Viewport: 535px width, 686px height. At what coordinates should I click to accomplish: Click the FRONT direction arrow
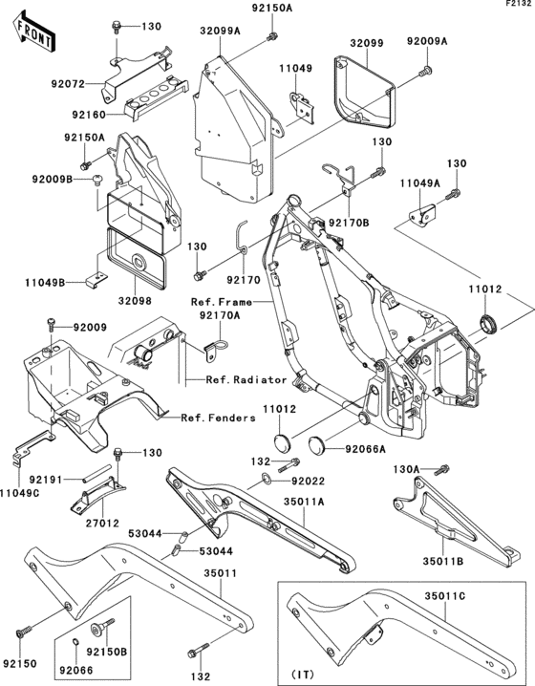coord(33,32)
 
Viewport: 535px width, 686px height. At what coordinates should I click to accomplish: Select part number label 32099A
coord(221,31)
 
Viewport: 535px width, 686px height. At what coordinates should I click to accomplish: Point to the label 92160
coord(89,115)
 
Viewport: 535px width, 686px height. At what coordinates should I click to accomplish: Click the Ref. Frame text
coord(222,302)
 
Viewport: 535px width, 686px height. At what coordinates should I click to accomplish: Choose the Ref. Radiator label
coord(246,379)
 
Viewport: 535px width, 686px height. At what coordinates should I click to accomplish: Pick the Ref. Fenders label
coord(218,418)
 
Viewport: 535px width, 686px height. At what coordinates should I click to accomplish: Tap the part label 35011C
coord(445,596)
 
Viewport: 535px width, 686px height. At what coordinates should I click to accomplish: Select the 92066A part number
coord(366,449)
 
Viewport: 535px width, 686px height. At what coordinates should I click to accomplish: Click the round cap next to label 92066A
coord(317,444)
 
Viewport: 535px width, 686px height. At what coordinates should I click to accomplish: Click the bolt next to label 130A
coord(442,469)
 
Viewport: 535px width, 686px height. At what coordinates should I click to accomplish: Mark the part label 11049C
coord(20,493)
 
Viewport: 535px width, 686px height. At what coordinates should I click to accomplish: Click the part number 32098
coord(135,301)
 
